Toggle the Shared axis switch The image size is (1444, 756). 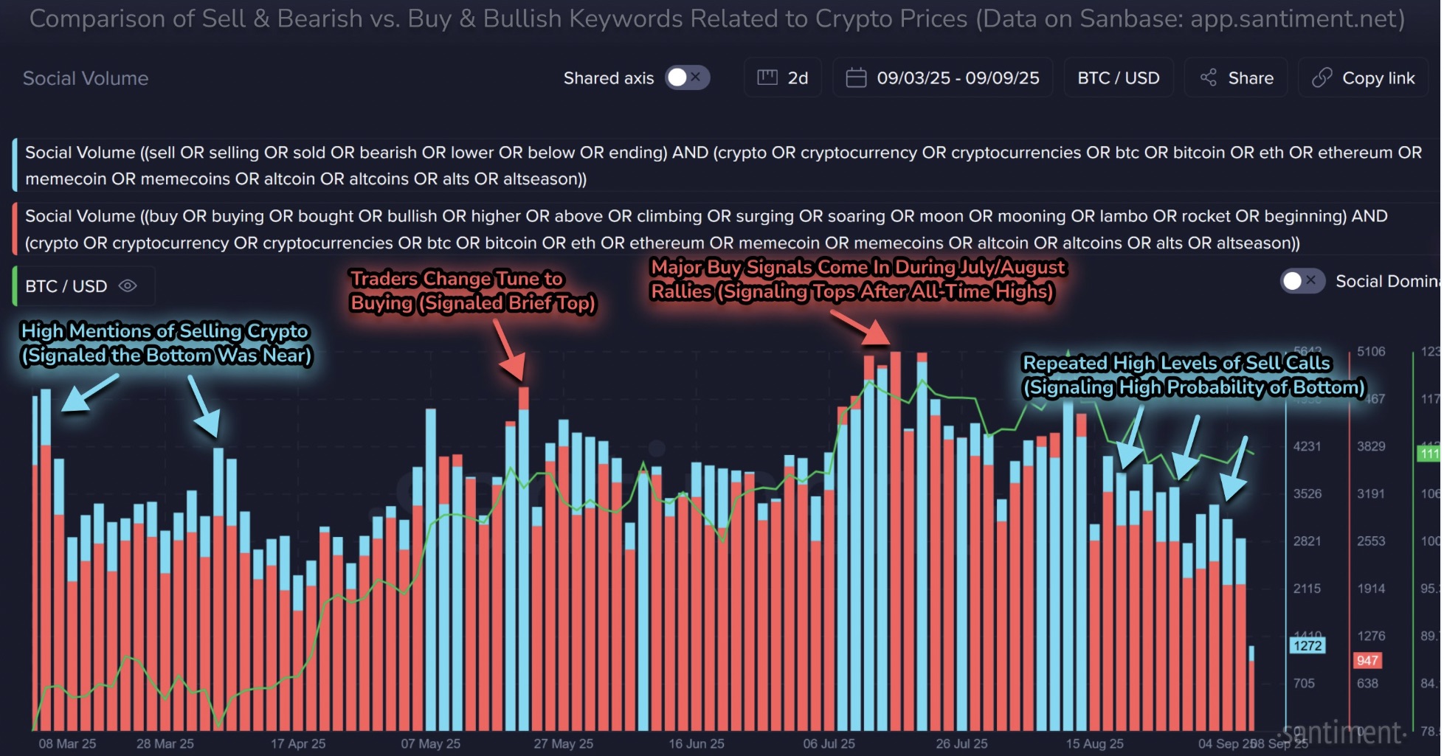pyautogui.click(x=687, y=77)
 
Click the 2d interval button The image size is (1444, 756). pyautogui.click(x=783, y=77)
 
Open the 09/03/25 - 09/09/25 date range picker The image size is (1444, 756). pyautogui.click(x=942, y=77)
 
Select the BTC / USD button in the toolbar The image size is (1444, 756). pyautogui.click(x=1118, y=77)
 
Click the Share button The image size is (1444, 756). pyautogui.click(x=1237, y=77)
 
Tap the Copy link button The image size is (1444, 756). pyautogui.click(x=1364, y=77)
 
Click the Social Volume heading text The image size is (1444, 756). pyautogui.click(x=86, y=78)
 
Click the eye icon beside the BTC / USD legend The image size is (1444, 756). pyautogui.click(x=128, y=285)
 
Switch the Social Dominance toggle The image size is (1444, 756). pyautogui.click(x=1302, y=281)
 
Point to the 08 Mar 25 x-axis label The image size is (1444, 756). pyautogui.click(x=67, y=743)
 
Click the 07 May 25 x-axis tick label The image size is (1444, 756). pyautogui.click(x=430, y=743)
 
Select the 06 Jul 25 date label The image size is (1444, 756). pyautogui.click(x=829, y=743)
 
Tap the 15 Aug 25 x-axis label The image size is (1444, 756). pyautogui.click(x=1094, y=743)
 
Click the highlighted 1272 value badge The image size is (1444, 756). pyautogui.click(x=1307, y=645)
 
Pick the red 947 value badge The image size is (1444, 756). pyautogui.click(x=1367, y=660)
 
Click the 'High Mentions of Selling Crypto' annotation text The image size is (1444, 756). pyautogui.click(x=166, y=343)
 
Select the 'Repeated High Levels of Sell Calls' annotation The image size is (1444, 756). pyautogui.click(x=1192, y=375)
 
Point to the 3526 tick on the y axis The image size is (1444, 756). pyautogui.click(x=1307, y=493)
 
